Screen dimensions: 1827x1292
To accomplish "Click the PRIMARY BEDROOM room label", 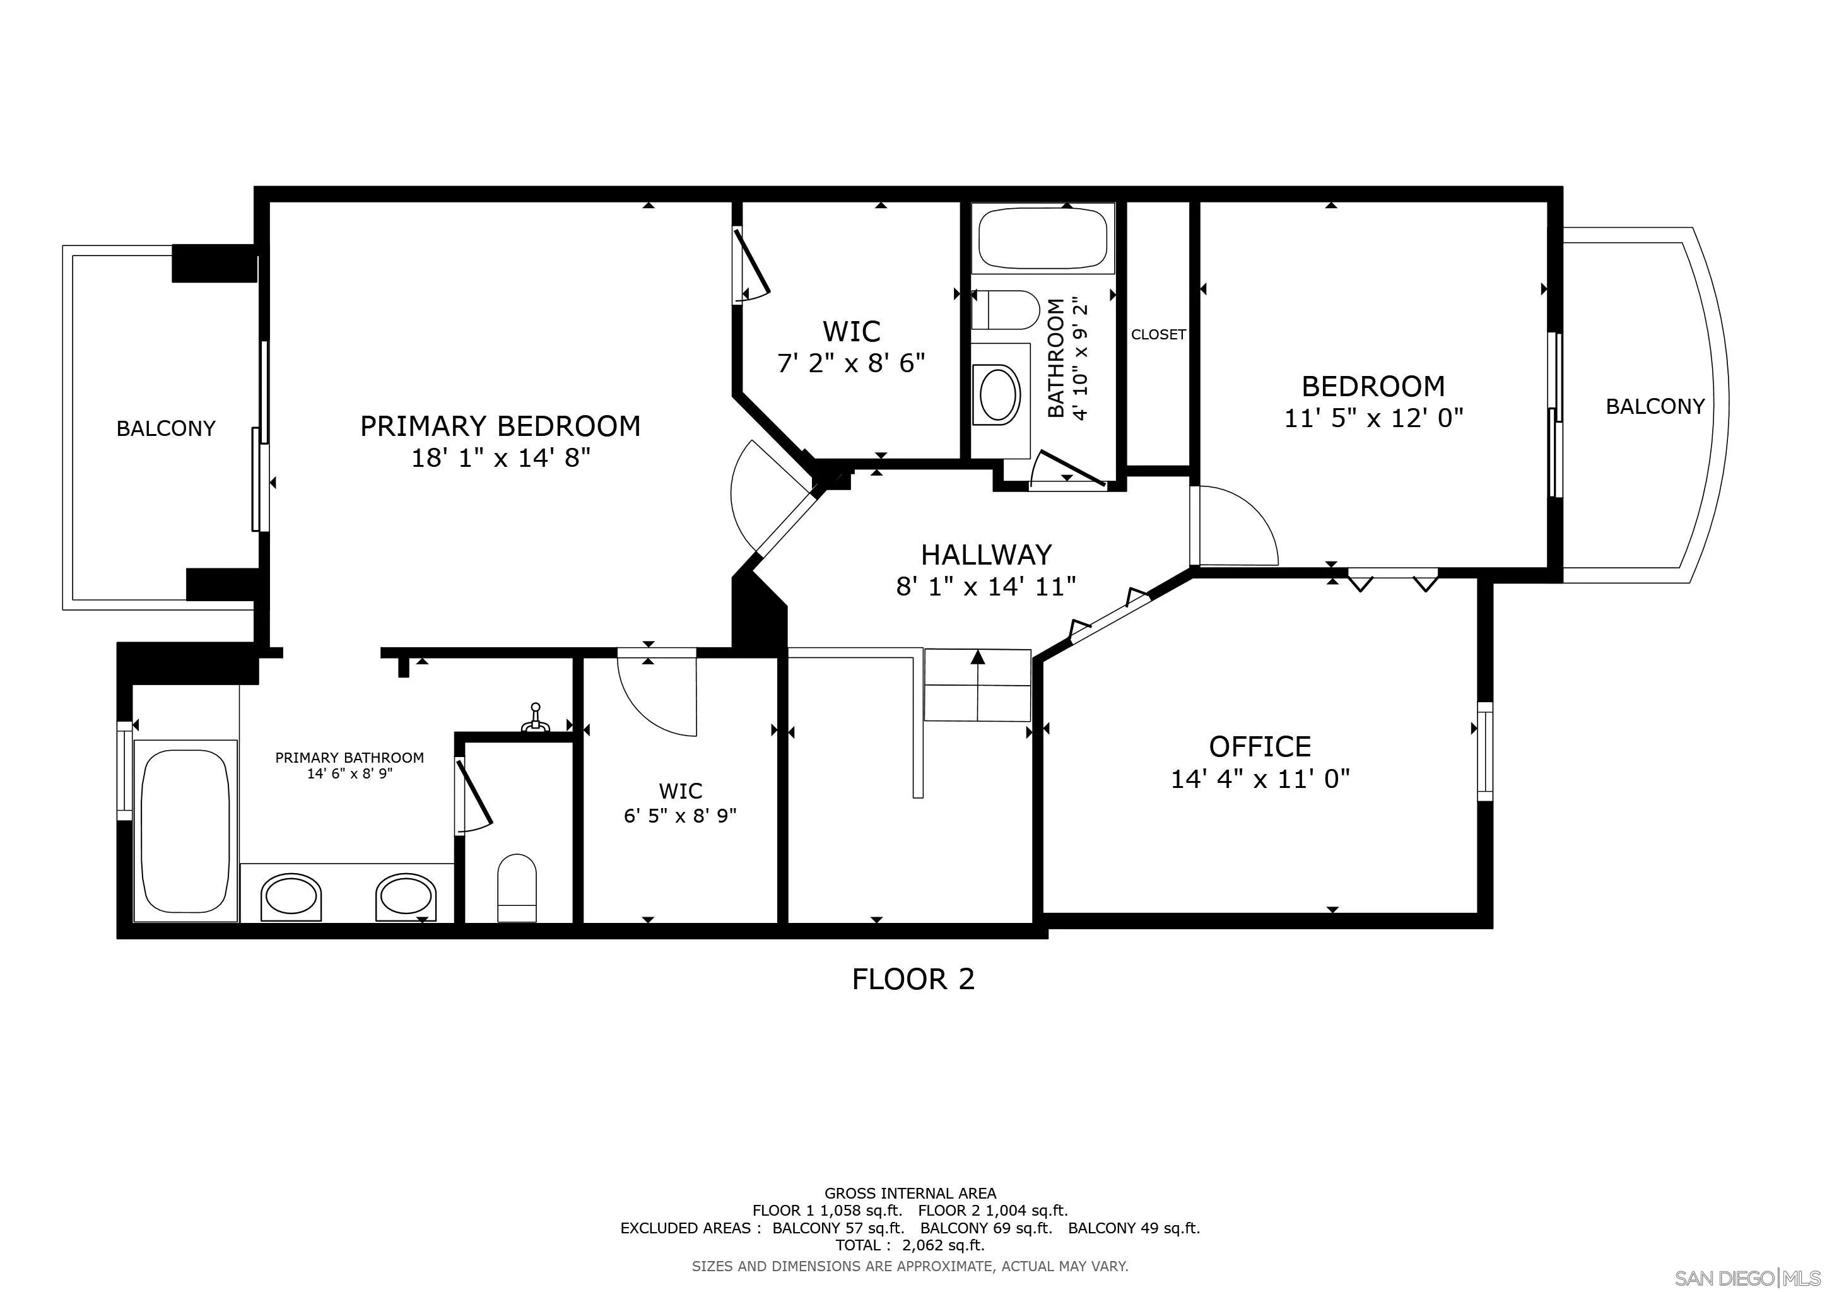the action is coord(500,426).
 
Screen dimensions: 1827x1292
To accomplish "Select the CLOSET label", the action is coord(1158,335).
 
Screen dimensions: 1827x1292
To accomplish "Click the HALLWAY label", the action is coord(986,554).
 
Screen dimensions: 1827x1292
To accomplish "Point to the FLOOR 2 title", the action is coord(913,978).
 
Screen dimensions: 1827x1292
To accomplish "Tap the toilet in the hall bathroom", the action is coord(1006,310).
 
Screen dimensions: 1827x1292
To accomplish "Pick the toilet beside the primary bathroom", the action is coord(517,888).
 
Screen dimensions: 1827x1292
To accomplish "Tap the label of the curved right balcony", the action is coord(1655,406).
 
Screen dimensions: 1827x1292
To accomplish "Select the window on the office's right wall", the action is coord(1485,751).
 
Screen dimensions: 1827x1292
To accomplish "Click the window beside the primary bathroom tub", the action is coord(124,770).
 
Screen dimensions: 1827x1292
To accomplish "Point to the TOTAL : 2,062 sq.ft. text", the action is coord(910,1245).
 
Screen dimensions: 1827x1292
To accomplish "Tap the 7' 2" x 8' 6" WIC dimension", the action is coord(852,363).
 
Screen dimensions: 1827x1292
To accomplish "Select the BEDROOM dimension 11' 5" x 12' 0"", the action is coord(1373,418).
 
